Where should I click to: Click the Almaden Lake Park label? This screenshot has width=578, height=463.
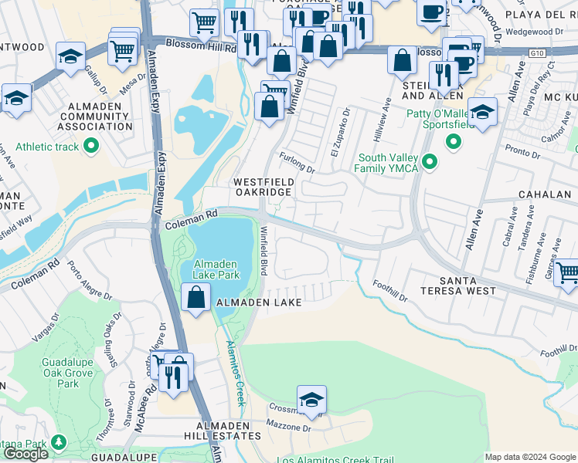pos(216,268)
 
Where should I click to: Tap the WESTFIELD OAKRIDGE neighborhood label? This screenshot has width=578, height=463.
pos(263,186)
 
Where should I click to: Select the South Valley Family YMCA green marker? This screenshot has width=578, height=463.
pos(430,162)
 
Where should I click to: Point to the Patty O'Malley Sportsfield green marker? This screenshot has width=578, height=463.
pos(454,141)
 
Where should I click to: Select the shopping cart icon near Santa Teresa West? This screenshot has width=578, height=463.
pos(566,273)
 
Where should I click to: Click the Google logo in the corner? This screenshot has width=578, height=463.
pos(25,454)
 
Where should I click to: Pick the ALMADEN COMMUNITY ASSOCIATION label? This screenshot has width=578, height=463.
pos(90,116)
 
